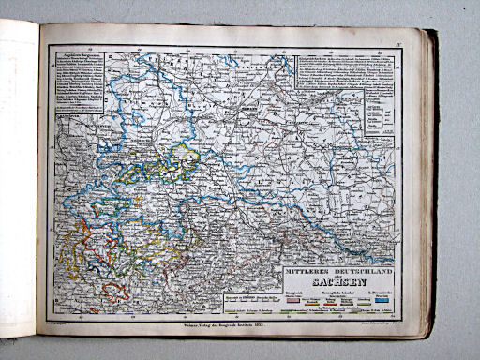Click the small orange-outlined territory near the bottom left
point(115,291)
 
